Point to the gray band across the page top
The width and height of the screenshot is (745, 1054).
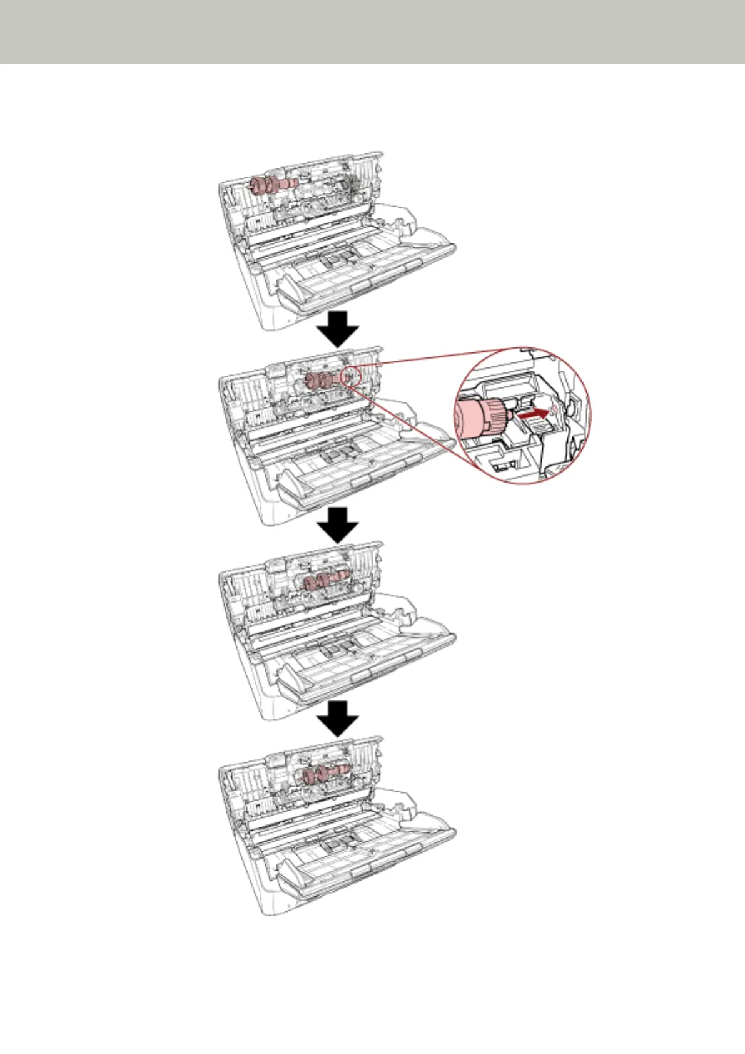click(x=372, y=31)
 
